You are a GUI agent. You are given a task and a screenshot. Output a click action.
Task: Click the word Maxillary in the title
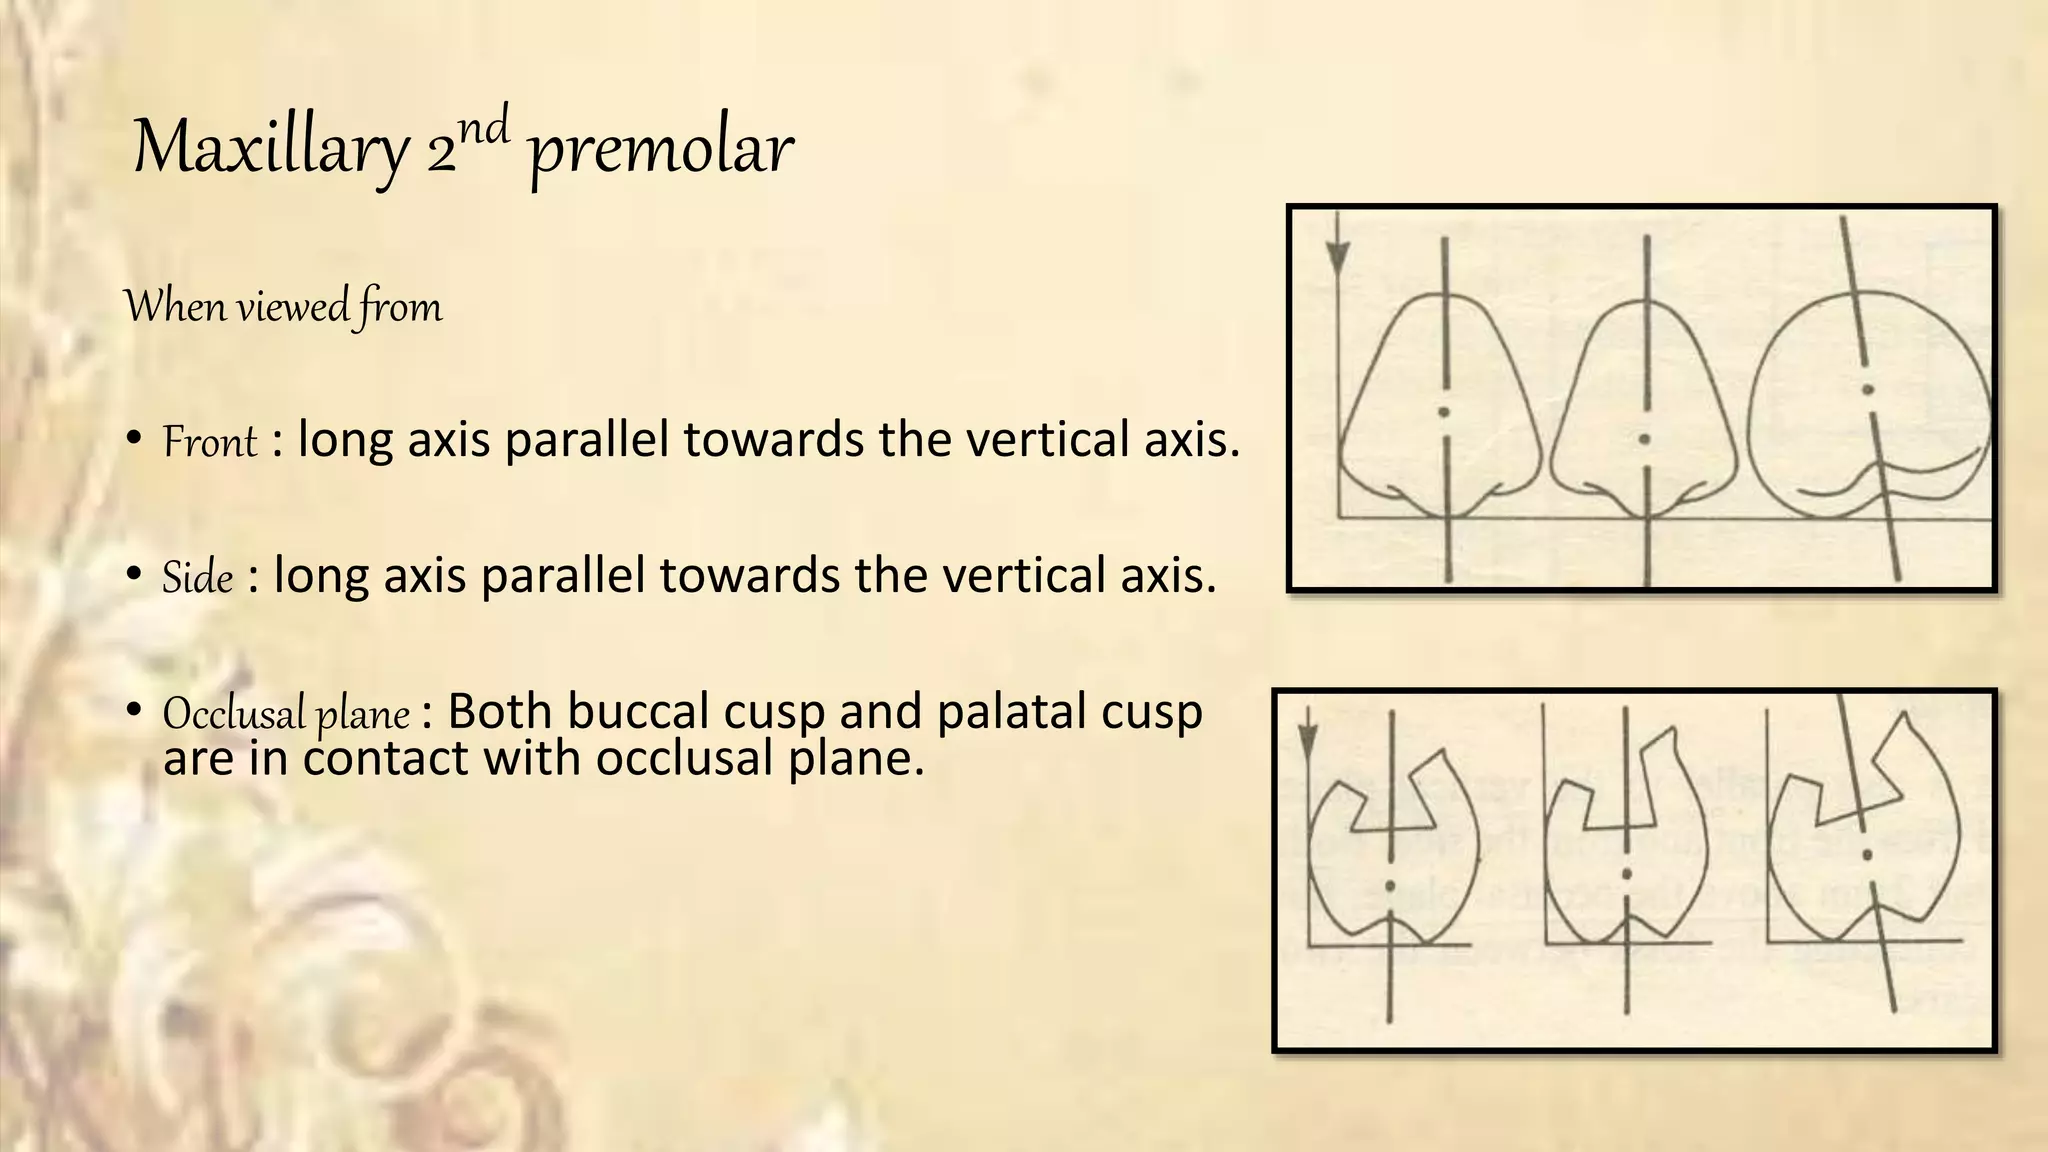pyautogui.click(x=270, y=149)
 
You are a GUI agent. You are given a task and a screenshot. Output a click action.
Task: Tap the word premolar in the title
pyautogui.click(x=660, y=151)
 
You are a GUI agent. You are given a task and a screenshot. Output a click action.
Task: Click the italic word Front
pyautogui.click(x=210, y=442)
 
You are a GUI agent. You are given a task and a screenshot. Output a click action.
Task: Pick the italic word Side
pyautogui.click(x=198, y=578)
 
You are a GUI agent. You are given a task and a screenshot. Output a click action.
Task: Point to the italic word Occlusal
pyautogui.click(x=233, y=714)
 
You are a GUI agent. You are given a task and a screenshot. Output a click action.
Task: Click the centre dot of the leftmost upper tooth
pyautogui.click(x=1443, y=412)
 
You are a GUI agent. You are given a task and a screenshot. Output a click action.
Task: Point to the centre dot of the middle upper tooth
pyautogui.click(x=1646, y=439)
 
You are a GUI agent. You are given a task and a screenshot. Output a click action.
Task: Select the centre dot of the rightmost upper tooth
pyautogui.click(x=1866, y=389)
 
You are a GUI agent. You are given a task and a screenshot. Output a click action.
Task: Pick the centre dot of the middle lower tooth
pyautogui.click(x=1627, y=875)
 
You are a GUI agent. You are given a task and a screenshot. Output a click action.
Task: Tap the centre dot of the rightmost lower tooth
pyautogui.click(x=1866, y=855)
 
